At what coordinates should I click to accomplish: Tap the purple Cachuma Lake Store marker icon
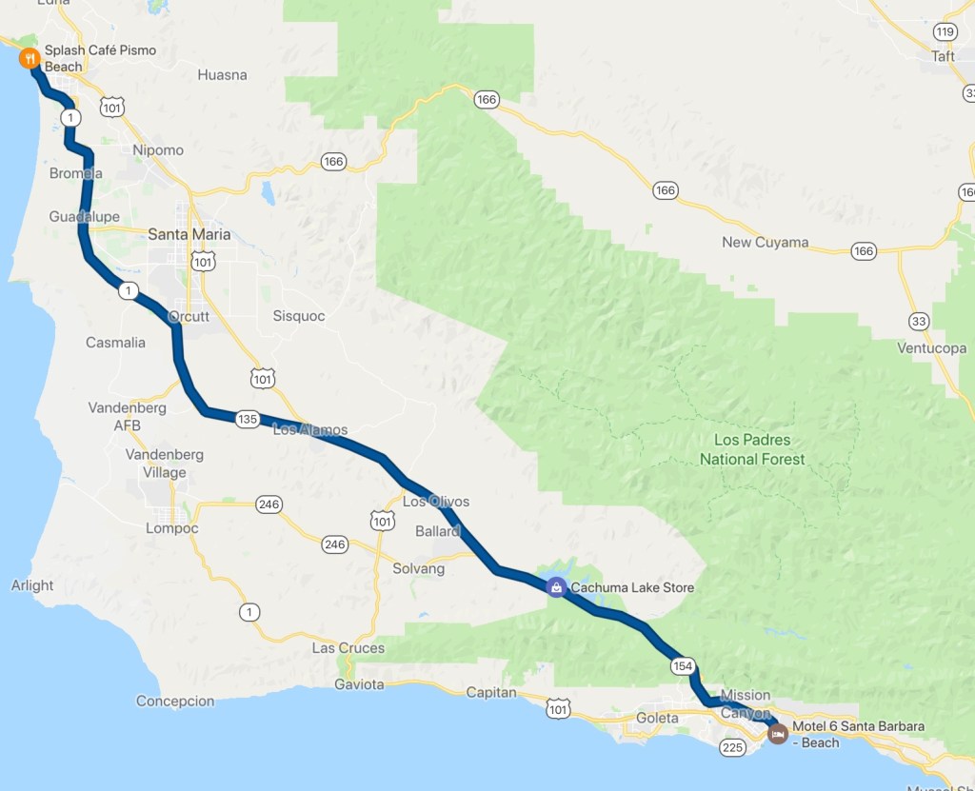point(555,587)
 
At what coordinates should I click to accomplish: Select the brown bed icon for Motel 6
point(777,735)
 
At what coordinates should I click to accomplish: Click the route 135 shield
point(248,419)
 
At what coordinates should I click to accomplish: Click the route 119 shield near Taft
point(944,32)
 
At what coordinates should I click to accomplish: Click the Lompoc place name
point(171,528)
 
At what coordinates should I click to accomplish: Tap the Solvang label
point(419,568)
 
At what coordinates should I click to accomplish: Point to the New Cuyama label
point(765,242)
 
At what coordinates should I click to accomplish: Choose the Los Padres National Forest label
point(752,449)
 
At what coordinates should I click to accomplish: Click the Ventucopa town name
point(931,348)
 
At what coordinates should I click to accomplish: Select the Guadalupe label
point(85,217)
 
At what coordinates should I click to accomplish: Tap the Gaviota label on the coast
point(360,684)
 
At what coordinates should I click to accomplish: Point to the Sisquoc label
point(298,315)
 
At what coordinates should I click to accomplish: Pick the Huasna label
point(222,74)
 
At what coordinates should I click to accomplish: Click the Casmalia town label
point(115,342)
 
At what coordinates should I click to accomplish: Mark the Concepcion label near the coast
point(175,701)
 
